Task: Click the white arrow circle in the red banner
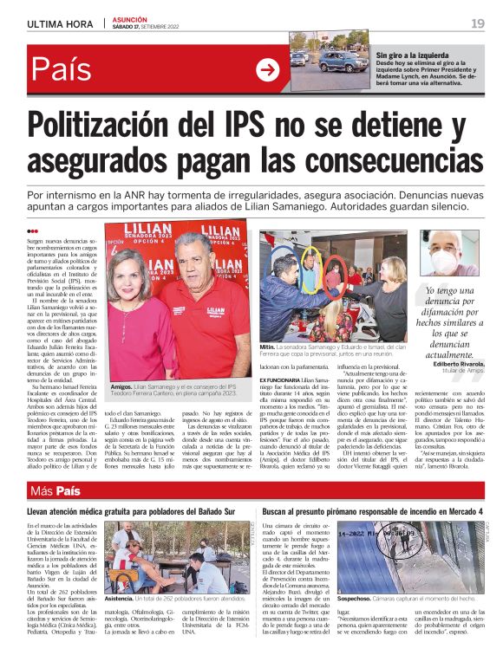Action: [268, 71]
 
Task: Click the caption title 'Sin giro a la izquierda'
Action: [416, 54]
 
